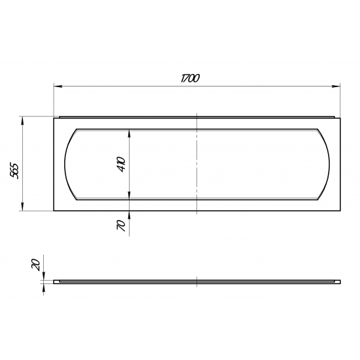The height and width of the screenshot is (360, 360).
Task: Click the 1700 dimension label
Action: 190,79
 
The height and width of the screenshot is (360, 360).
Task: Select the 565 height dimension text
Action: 14,171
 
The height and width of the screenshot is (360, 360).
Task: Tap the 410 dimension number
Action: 121,164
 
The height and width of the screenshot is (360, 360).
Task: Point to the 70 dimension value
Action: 121,225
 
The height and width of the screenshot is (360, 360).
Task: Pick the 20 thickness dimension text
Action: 35,264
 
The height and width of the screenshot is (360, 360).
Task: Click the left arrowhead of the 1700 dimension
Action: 58,86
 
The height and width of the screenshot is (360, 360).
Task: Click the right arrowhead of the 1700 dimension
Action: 336,86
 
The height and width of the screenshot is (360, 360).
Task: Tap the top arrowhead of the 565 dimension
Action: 22,120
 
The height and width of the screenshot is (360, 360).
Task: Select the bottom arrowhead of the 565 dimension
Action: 22,207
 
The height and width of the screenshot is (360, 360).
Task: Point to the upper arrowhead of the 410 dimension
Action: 129,133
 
